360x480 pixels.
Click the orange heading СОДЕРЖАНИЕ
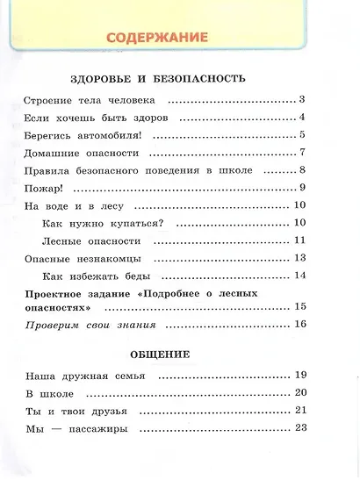pos(158,38)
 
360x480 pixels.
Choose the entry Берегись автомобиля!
pos(83,135)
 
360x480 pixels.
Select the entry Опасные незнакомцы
pos(84,260)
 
